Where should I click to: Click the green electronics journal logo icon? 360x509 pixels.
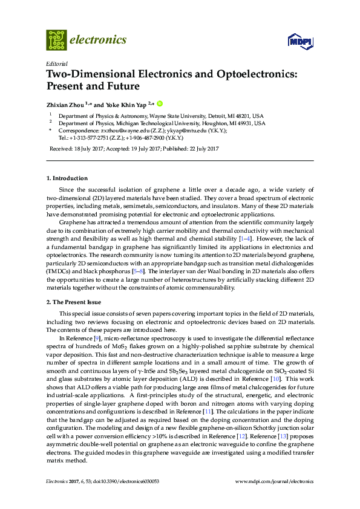click(x=56, y=39)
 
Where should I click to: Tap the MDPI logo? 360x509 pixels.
click(x=301, y=41)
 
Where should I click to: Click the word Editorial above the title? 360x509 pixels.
click(x=56, y=63)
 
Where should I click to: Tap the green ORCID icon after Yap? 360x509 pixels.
click(x=161, y=103)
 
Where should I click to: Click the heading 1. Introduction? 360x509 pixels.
click(x=67, y=178)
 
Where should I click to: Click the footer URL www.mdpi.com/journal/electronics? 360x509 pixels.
click(x=274, y=481)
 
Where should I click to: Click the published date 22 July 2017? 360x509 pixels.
click(x=201, y=148)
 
